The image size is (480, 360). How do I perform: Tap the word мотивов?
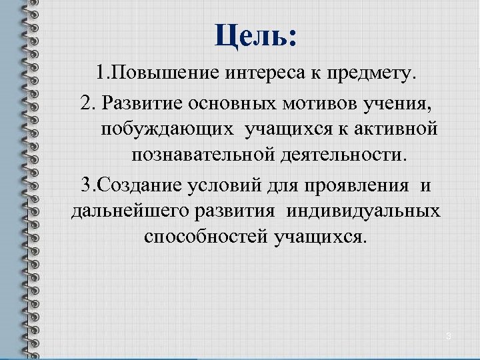coord(305,104)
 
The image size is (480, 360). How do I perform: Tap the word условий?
coord(225,185)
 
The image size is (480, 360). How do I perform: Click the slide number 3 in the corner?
coord(449,337)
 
